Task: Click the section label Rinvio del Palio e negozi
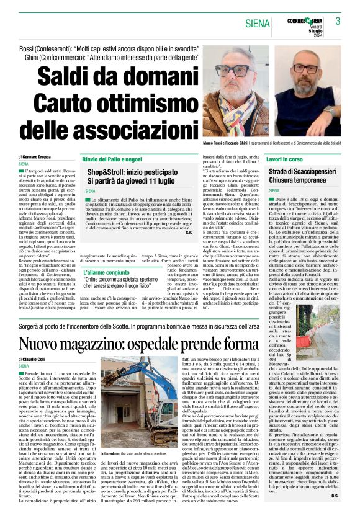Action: pyautogui.click(x=112, y=159)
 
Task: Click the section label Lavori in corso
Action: pyautogui.click(x=286, y=159)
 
